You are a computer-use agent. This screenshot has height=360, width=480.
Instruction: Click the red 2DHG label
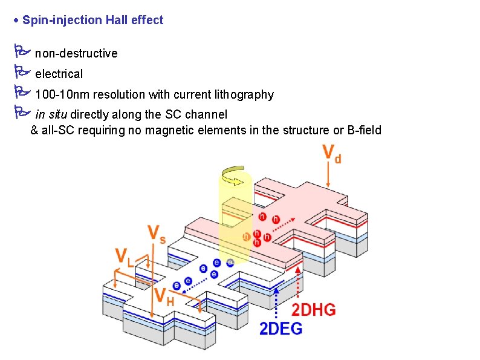point(314,310)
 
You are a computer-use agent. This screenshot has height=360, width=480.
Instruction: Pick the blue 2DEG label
point(281,329)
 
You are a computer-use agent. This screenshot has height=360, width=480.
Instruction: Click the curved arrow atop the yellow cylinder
point(234,177)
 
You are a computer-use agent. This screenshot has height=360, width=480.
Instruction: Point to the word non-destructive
point(76,53)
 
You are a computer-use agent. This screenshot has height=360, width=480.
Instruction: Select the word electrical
point(59,74)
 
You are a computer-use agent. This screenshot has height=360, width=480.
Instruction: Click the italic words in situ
point(51,114)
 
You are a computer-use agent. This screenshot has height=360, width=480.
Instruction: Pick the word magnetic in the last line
point(173,130)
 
